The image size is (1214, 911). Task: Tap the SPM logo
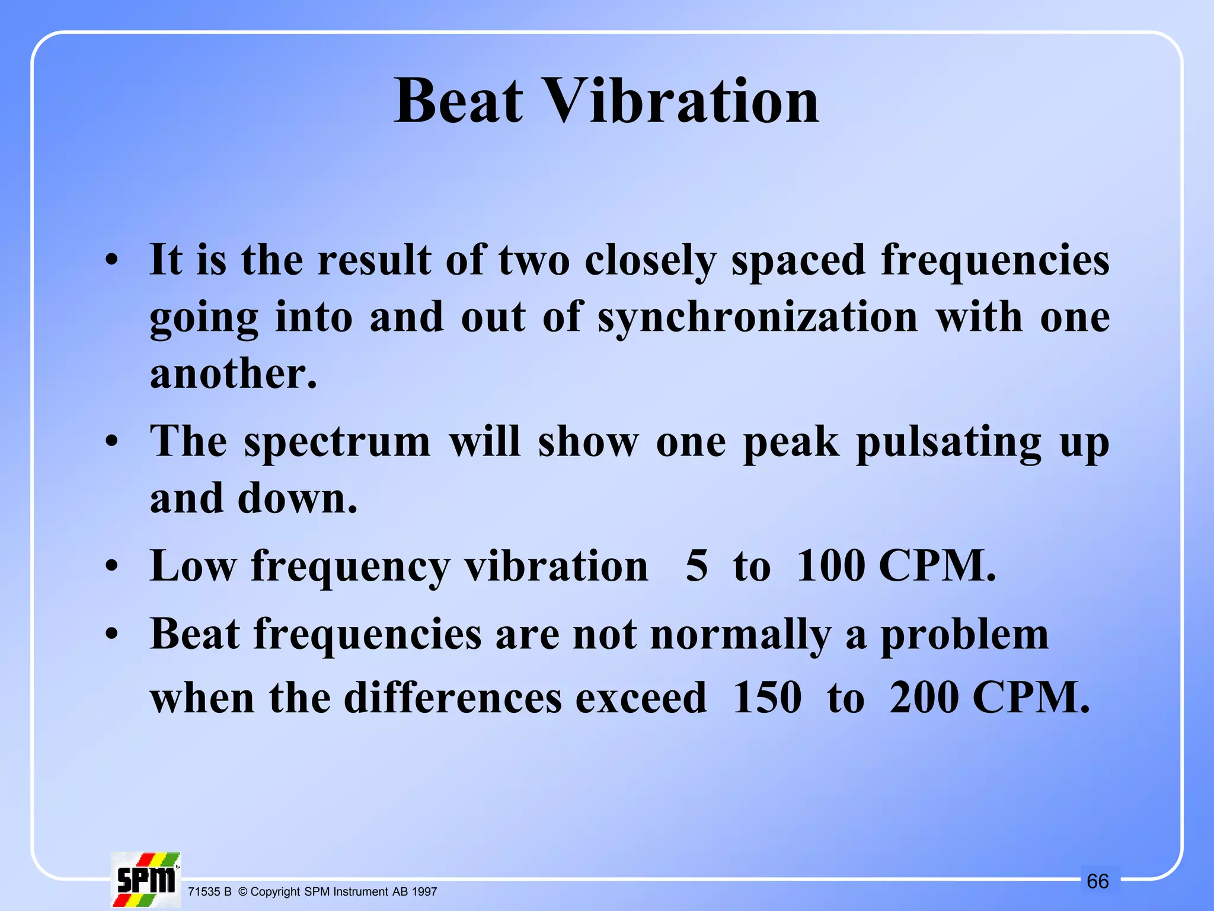(145, 880)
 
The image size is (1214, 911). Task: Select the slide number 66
(1097, 881)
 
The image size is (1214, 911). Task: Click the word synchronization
(758, 318)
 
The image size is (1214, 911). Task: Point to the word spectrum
(337, 443)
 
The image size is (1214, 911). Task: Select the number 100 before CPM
(830, 566)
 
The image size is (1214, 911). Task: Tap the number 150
(767, 697)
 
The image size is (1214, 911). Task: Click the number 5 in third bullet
(697, 566)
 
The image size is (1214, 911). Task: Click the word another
(233, 375)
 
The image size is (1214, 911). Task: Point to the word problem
(964, 635)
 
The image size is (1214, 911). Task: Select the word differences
(453, 697)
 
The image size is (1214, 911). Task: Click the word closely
(650, 261)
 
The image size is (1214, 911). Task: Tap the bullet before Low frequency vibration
(111, 567)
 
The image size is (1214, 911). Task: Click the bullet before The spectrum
(111, 442)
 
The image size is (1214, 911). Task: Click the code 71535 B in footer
(209, 892)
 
